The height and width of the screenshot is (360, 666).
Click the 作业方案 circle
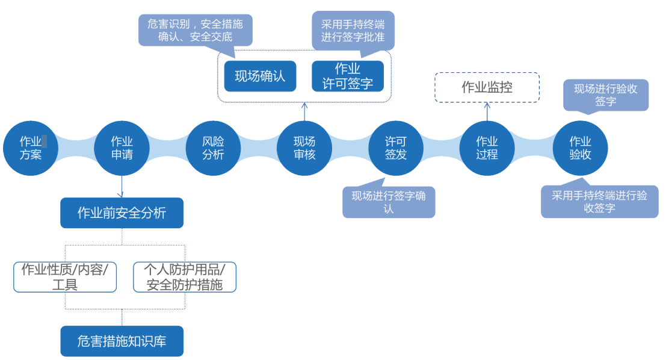(30, 148)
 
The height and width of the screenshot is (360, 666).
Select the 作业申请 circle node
(122, 148)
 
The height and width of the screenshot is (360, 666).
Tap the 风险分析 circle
(213, 148)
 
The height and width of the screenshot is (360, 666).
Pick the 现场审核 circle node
(304, 148)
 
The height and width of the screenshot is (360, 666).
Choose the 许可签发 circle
(395, 148)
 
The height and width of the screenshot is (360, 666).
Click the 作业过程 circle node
(487, 148)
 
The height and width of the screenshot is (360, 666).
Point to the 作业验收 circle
(580, 148)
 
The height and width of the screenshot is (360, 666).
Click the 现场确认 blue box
(260, 76)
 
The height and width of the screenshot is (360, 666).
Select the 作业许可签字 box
(348, 76)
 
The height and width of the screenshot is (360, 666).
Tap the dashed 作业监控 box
(487, 87)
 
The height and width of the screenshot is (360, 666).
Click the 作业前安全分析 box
(122, 213)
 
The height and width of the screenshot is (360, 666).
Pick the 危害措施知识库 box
(122, 341)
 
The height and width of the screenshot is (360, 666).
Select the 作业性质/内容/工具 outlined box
(65, 277)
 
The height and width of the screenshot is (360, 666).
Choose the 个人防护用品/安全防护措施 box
(185, 277)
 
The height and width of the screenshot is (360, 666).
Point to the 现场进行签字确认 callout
(389, 202)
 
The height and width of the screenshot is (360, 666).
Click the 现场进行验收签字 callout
(605, 95)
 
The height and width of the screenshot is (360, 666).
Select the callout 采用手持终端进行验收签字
(599, 201)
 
